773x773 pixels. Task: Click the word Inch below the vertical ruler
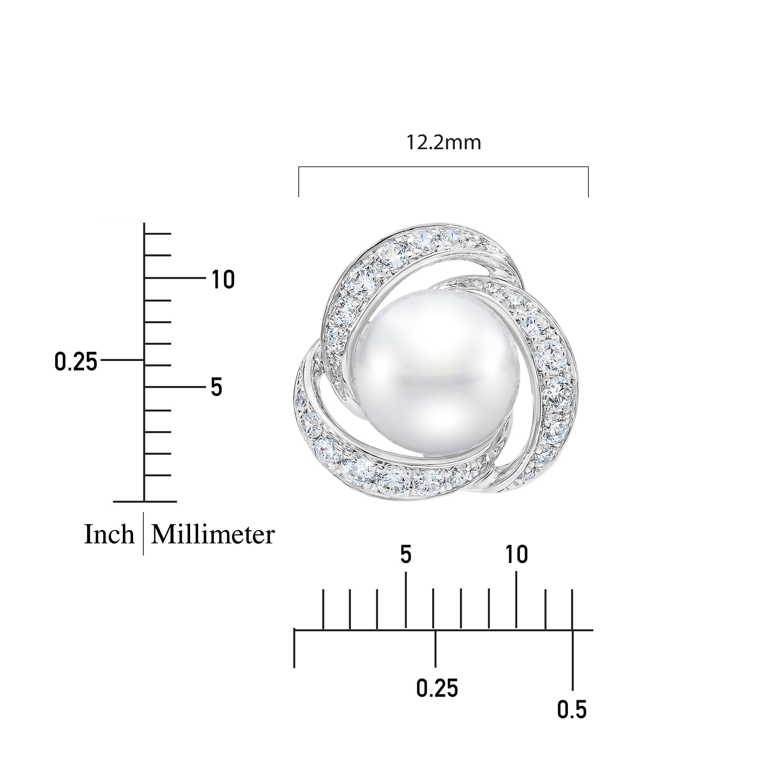pos(109,535)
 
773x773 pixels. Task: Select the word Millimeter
pos(213,535)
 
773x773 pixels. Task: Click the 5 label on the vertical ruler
pos(216,387)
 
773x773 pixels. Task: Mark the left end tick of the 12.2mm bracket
pos(299,182)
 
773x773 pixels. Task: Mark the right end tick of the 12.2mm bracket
pos(588,182)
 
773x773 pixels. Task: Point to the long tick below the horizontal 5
pos(406,600)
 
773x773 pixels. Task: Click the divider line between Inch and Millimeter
pos(143,534)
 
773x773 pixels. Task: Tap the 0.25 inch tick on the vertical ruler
pos(122,360)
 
